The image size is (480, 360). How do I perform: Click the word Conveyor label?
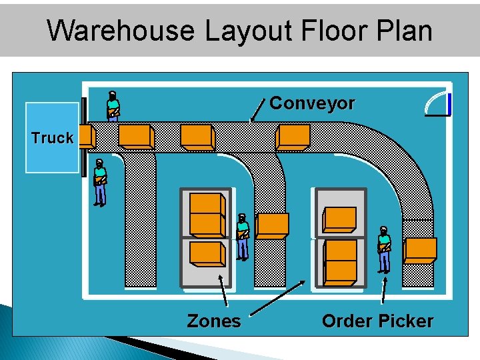click(x=312, y=104)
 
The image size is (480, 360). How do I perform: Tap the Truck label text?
click(x=52, y=138)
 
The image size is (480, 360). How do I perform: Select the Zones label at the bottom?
click(x=213, y=321)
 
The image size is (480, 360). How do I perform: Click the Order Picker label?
click(x=377, y=321)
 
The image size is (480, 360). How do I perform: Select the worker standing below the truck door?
click(x=100, y=182)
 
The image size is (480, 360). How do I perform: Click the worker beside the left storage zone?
click(x=243, y=236)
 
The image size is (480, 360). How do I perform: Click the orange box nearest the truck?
click(x=86, y=137)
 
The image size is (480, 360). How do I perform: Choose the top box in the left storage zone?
click(x=207, y=203)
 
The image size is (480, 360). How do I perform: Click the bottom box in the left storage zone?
click(x=207, y=253)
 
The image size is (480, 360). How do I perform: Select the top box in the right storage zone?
click(x=339, y=219)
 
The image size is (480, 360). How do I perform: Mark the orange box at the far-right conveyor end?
click(x=420, y=250)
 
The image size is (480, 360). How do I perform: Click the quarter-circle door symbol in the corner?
click(x=438, y=103)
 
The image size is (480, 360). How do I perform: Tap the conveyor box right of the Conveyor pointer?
click(x=293, y=137)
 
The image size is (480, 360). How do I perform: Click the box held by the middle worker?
click(x=272, y=226)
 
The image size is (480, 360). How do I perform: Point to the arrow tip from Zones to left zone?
click(x=225, y=266)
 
